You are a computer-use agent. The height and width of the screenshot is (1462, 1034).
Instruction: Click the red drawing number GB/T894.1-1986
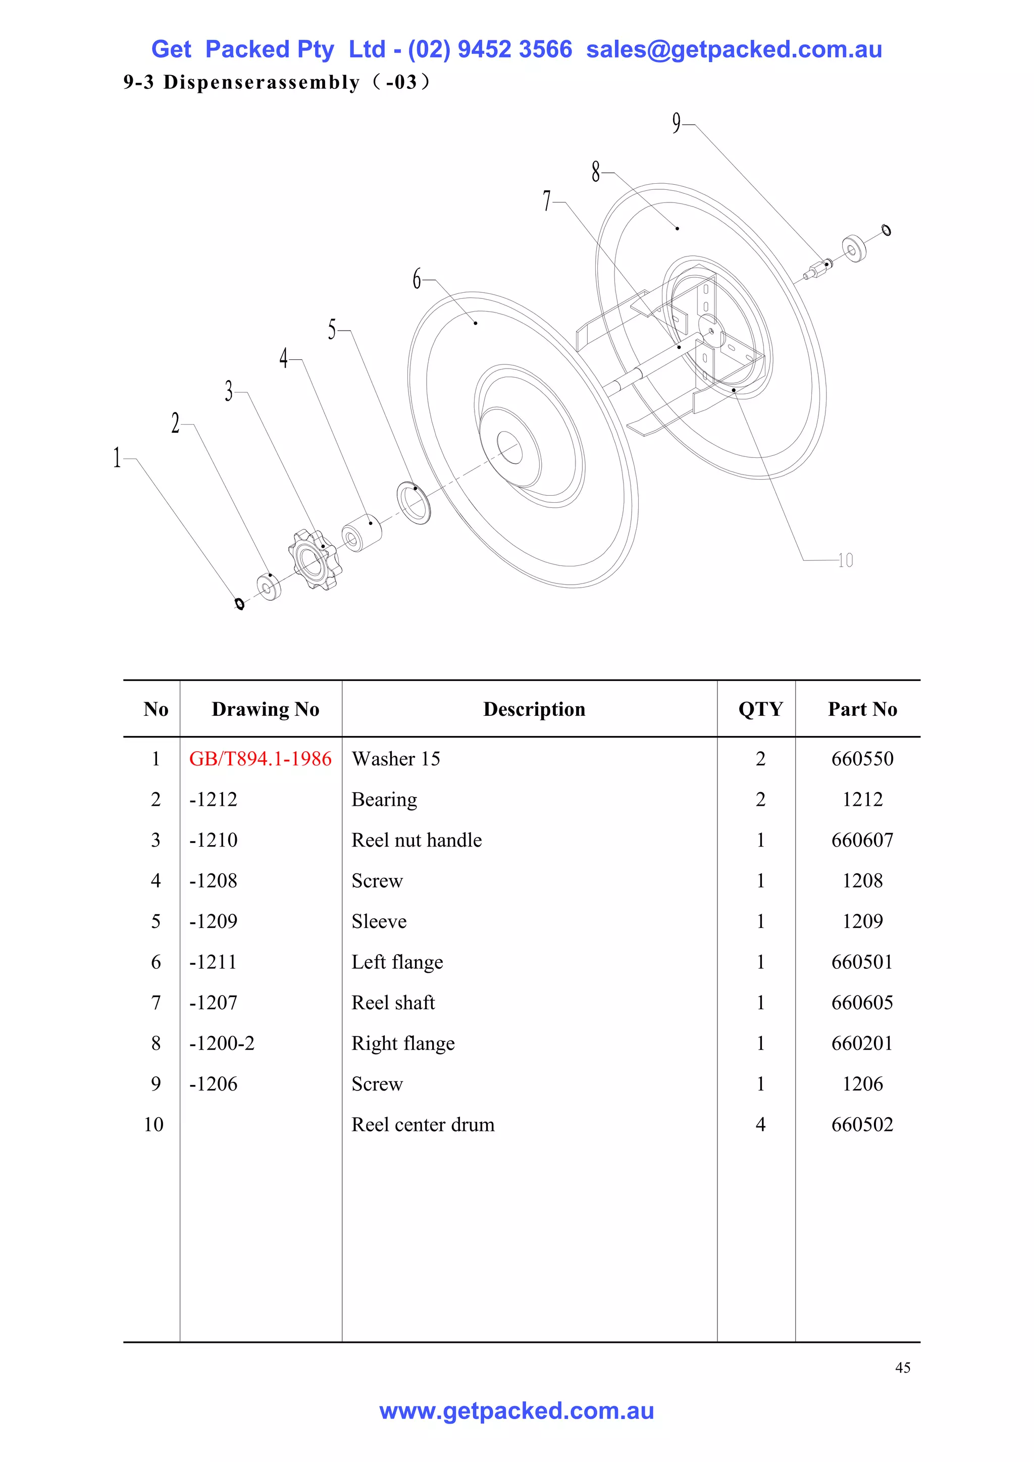click(x=260, y=758)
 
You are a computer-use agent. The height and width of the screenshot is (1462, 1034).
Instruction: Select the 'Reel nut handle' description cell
click(x=417, y=840)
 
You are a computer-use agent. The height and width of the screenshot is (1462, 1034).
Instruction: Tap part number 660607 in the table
click(x=862, y=840)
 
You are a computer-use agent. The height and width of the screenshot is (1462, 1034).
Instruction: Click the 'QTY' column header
click(x=760, y=709)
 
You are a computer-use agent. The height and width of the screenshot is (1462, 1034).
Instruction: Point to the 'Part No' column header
click(x=862, y=709)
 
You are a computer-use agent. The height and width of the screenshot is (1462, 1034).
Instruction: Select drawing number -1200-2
click(x=222, y=1043)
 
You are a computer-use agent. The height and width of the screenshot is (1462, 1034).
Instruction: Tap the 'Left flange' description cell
click(x=397, y=962)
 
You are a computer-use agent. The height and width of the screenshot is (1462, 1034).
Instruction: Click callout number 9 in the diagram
click(x=676, y=122)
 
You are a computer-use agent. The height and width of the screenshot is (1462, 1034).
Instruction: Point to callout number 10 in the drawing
click(x=846, y=560)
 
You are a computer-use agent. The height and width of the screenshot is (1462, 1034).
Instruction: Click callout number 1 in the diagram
click(x=117, y=457)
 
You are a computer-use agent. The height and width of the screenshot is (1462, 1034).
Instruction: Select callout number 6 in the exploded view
click(x=417, y=279)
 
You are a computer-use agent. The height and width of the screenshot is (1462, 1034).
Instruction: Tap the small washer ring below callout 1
click(x=239, y=604)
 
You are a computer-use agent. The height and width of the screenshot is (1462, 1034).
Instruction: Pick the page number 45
click(x=902, y=1367)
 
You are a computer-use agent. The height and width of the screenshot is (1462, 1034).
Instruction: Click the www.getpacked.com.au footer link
click(x=516, y=1411)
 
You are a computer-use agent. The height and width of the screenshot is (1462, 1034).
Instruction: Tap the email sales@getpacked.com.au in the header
click(x=734, y=49)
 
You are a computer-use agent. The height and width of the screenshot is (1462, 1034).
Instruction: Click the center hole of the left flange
click(x=510, y=448)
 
